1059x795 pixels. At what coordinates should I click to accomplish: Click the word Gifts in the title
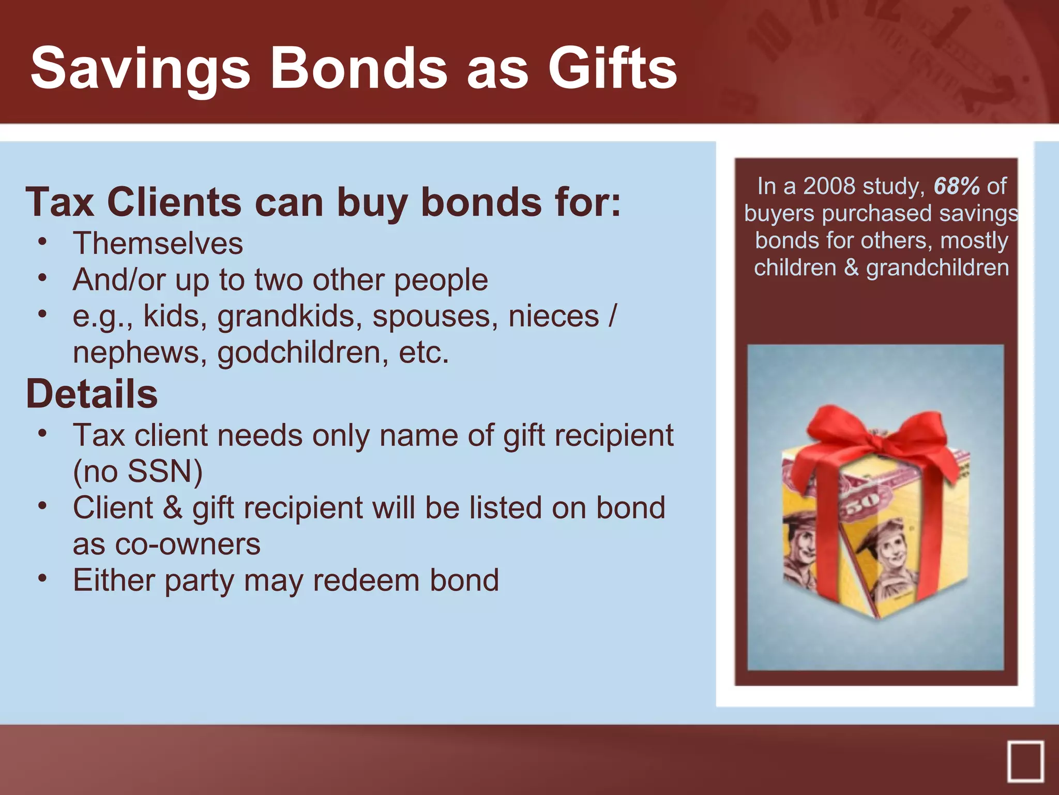point(612,68)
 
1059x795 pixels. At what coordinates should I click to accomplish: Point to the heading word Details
point(92,394)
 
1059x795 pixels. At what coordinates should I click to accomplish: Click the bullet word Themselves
point(158,243)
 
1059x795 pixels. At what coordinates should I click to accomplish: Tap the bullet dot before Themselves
point(43,241)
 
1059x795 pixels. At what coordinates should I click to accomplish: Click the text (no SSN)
point(138,472)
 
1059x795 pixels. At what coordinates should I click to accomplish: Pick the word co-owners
point(167,544)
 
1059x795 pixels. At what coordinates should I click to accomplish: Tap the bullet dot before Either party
point(43,578)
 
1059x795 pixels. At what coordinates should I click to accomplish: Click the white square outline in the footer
point(1025,761)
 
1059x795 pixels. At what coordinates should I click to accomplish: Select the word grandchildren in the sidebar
point(937,268)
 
